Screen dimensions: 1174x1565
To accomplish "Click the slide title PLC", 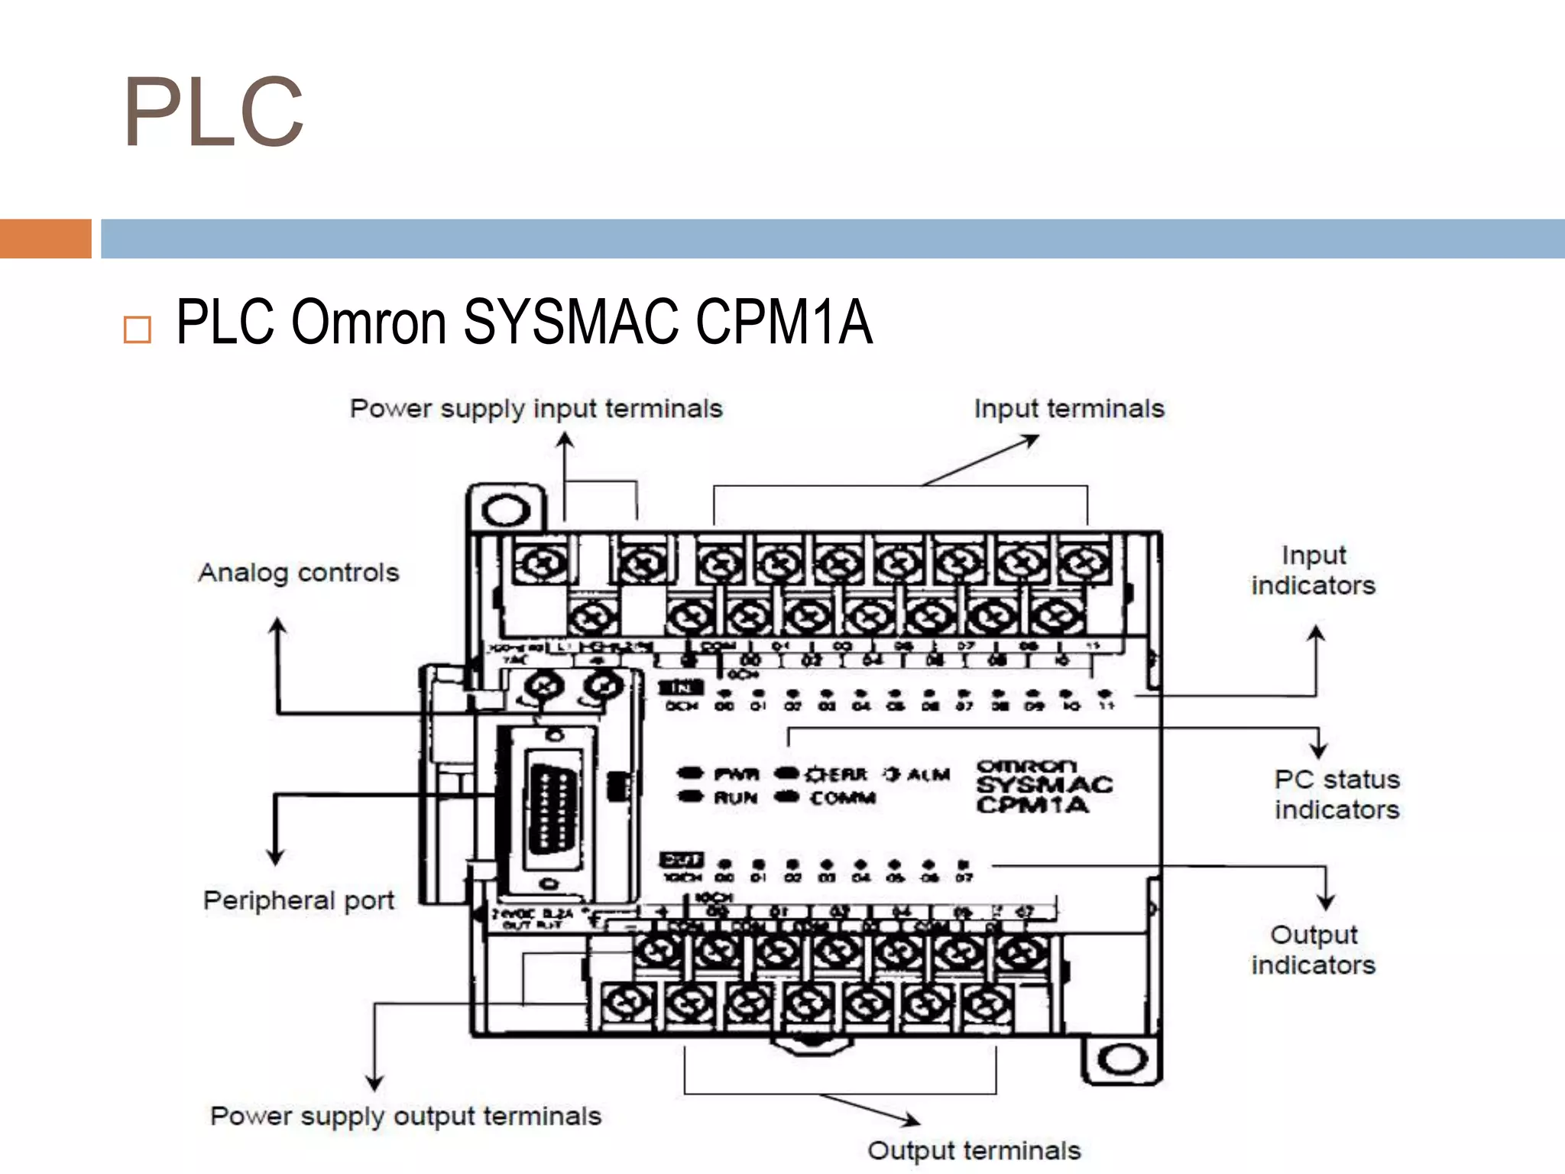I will [x=214, y=113].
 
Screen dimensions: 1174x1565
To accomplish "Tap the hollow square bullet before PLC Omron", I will [x=138, y=329].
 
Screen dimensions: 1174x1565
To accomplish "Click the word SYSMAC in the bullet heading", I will [x=570, y=322].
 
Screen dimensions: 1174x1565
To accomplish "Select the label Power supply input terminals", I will [x=536, y=409].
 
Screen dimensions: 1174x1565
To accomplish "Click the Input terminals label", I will [x=1068, y=409].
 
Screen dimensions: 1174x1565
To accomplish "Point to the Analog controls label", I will [x=299, y=572].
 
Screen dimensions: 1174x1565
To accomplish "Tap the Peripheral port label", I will [x=299, y=900].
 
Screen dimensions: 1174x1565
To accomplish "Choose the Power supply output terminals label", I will [x=406, y=1116].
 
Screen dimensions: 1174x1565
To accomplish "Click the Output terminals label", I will [x=974, y=1150].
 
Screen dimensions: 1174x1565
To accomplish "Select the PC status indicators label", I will [x=1337, y=795].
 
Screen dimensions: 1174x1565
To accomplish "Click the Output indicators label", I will [x=1313, y=950].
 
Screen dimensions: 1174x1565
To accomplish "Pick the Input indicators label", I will [x=1313, y=570].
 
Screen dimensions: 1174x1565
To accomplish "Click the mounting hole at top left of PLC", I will [x=506, y=511].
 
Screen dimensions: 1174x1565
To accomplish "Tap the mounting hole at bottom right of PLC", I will [x=1122, y=1059].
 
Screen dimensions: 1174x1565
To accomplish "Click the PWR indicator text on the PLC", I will [x=736, y=774].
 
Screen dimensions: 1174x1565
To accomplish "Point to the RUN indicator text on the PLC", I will [x=735, y=798].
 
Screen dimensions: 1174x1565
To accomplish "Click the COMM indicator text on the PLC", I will [x=842, y=798].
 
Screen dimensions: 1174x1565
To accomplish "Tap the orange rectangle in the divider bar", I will [x=45, y=238].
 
